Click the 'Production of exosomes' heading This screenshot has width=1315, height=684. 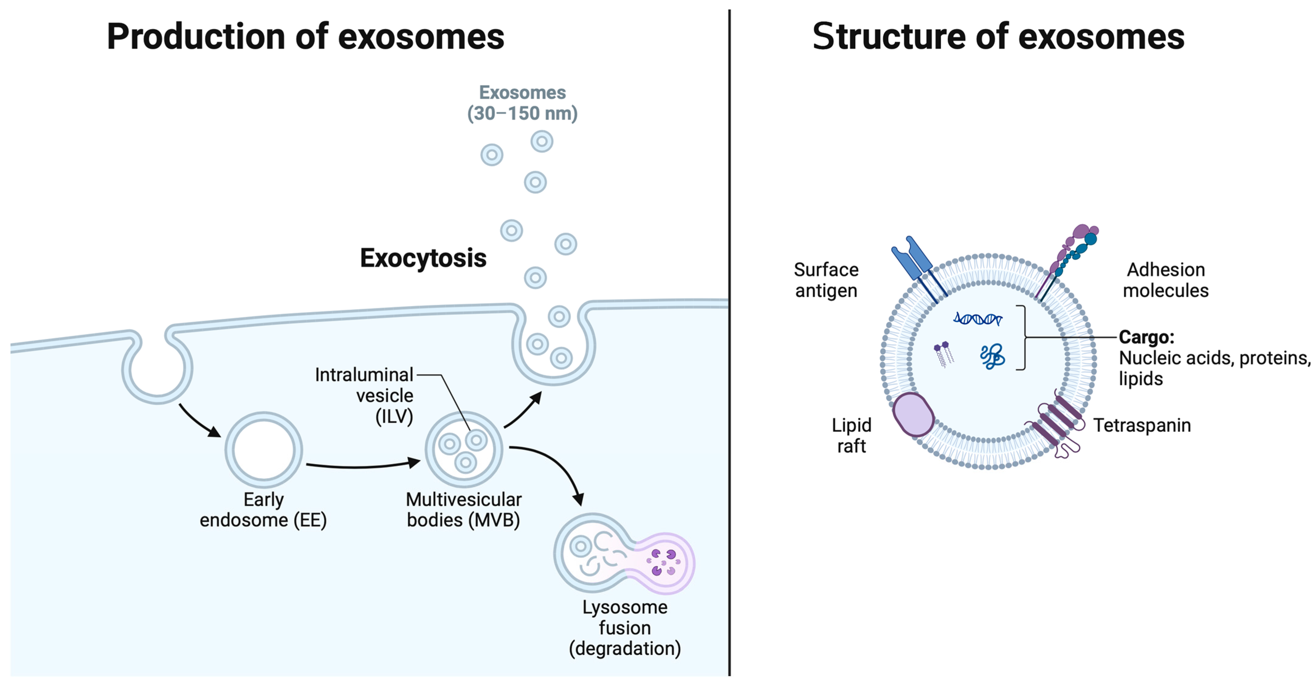tap(305, 37)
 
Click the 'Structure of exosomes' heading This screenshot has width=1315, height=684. tap(998, 37)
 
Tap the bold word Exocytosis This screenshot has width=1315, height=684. tap(423, 258)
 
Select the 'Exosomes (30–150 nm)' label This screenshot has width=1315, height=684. tap(522, 103)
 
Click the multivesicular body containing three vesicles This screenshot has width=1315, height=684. tap(464, 449)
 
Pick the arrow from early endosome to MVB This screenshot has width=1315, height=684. tap(362, 465)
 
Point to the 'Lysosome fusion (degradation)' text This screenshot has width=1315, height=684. tap(625, 628)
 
